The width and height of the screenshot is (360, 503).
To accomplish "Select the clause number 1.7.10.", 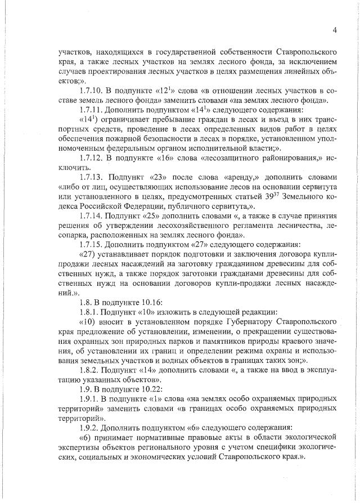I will pos(92,92).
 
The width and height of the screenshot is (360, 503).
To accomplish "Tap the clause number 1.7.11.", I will pos(92,110).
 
